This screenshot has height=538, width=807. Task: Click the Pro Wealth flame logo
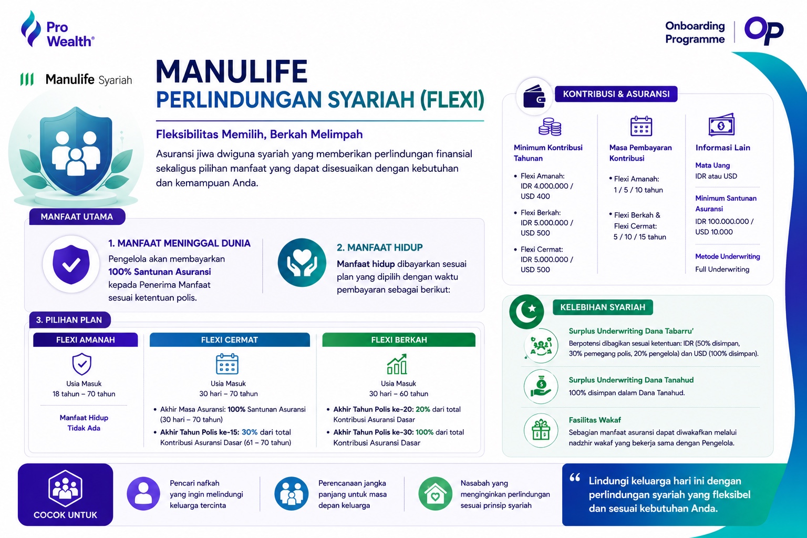(30, 29)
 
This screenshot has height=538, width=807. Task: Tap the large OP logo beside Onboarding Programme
(764, 30)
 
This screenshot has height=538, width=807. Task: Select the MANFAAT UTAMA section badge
(77, 216)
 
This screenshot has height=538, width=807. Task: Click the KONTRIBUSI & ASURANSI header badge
(616, 94)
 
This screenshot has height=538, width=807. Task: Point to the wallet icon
(534, 97)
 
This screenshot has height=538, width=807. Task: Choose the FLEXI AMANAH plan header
(86, 340)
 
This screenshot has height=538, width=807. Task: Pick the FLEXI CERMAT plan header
(230, 340)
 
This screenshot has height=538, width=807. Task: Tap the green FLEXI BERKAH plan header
(399, 340)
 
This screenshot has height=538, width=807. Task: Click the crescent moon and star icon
(526, 312)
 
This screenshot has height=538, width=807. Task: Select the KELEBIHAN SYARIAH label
(603, 307)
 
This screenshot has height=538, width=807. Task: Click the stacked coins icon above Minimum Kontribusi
(550, 127)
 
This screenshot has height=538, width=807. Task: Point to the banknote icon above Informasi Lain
(721, 125)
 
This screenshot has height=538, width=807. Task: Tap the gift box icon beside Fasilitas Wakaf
(541, 430)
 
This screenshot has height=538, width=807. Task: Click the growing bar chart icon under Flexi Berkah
(397, 364)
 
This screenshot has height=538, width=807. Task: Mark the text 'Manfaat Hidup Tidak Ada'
(84, 423)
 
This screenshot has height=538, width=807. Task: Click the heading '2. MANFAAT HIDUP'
(380, 247)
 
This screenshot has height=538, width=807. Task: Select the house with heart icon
(435, 494)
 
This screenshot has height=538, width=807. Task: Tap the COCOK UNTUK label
(65, 515)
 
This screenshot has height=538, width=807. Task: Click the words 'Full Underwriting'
(722, 269)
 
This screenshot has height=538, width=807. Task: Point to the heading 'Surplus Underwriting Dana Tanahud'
(631, 380)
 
